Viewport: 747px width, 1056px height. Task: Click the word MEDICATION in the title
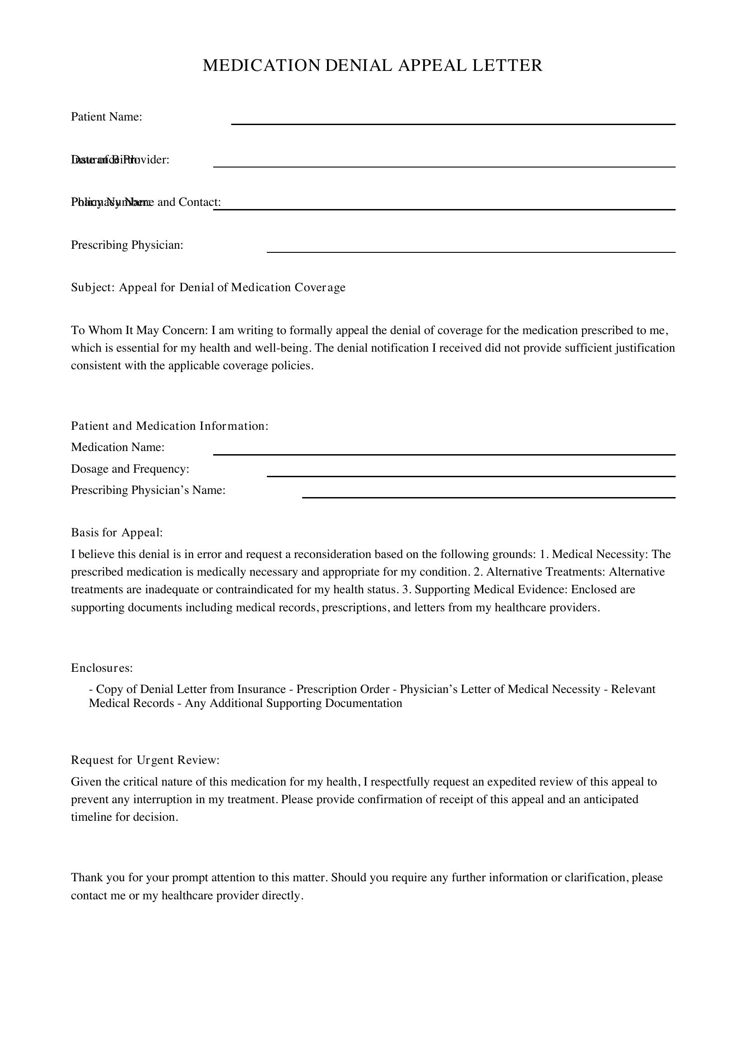pyautogui.click(x=261, y=65)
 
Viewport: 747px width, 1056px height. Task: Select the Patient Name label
pyautogui.click(x=106, y=117)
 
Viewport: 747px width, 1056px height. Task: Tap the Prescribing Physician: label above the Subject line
pyautogui.click(x=127, y=245)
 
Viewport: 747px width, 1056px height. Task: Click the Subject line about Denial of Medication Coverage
pyautogui.click(x=208, y=288)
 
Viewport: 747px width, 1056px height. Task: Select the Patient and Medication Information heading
pyautogui.click(x=169, y=426)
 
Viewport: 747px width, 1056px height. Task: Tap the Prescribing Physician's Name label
pyautogui.click(x=148, y=490)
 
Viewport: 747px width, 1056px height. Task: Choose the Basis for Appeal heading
pyautogui.click(x=117, y=533)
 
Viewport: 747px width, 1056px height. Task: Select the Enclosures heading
pyautogui.click(x=102, y=668)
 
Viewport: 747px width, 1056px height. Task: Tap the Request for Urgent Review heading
pyautogui.click(x=145, y=760)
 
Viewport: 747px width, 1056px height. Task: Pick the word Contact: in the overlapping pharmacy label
pyautogui.click(x=200, y=202)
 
